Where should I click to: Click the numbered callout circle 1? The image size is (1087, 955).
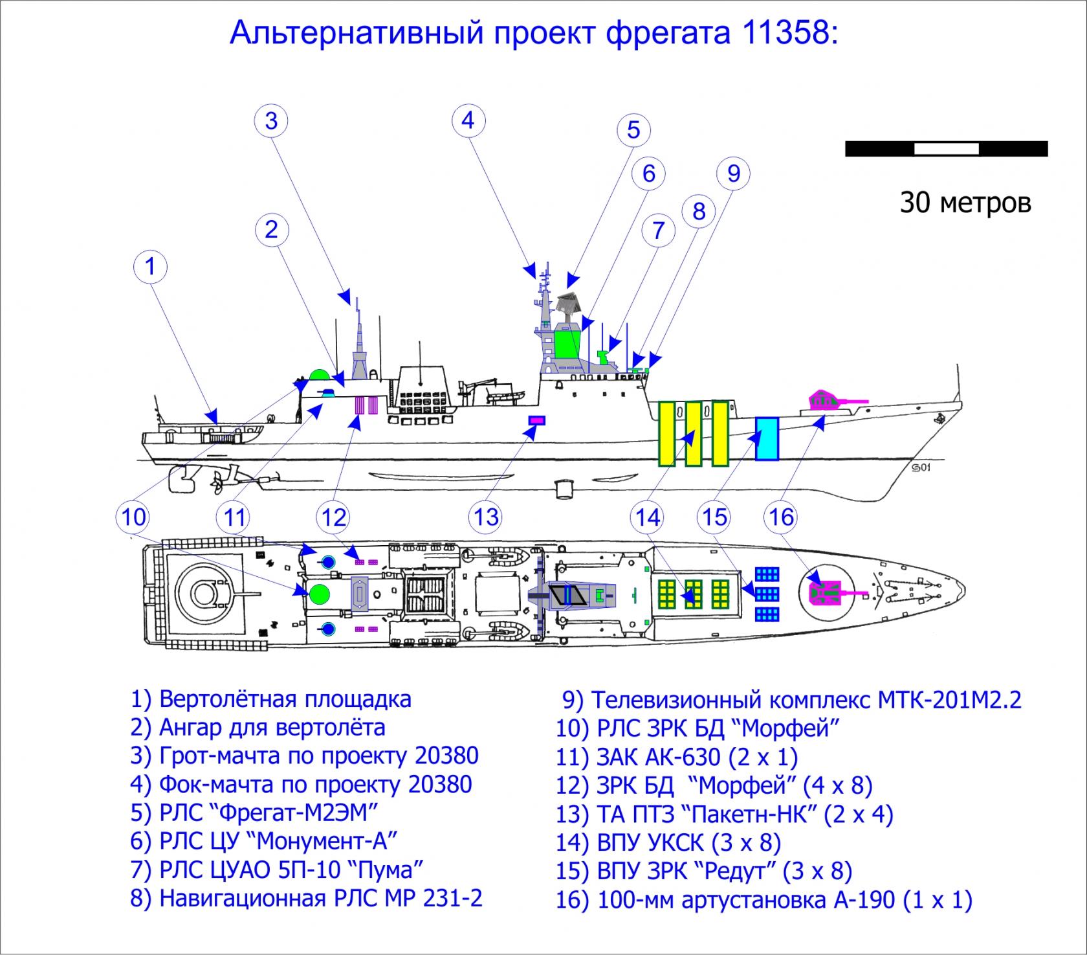pyautogui.click(x=151, y=267)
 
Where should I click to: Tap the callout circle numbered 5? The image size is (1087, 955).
pyautogui.click(x=633, y=129)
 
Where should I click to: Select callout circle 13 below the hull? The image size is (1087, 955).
pyautogui.click(x=486, y=517)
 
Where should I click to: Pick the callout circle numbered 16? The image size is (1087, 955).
pyautogui.click(x=782, y=517)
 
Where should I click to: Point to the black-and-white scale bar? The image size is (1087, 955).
pyautogui.click(x=946, y=148)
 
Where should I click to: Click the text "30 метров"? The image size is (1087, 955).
pyautogui.click(x=965, y=203)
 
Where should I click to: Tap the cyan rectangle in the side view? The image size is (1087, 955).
pyautogui.click(x=767, y=438)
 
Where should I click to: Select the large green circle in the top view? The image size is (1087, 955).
pyautogui.click(x=320, y=592)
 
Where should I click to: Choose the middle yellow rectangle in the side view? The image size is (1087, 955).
pyautogui.click(x=693, y=433)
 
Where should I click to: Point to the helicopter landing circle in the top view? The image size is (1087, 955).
pyautogui.click(x=203, y=591)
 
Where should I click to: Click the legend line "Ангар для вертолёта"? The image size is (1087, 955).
pyautogui.click(x=258, y=728)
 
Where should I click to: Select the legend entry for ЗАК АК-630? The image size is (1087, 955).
pyautogui.click(x=676, y=756)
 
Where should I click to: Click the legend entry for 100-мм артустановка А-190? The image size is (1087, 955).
pyautogui.click(x=763, y=900)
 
